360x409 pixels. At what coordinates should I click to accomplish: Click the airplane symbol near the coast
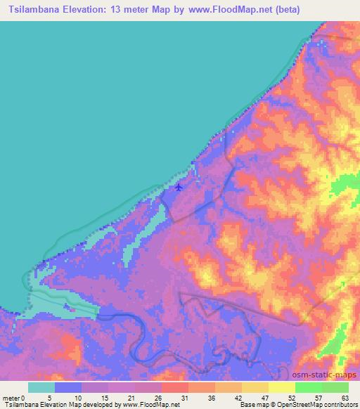click(x=179, y=188)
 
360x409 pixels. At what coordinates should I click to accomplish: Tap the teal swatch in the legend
click(x=41, y=387)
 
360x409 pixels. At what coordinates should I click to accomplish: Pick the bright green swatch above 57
click(x=309, y=387)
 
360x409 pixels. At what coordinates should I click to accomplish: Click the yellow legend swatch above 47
click(x=255, y=387)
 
